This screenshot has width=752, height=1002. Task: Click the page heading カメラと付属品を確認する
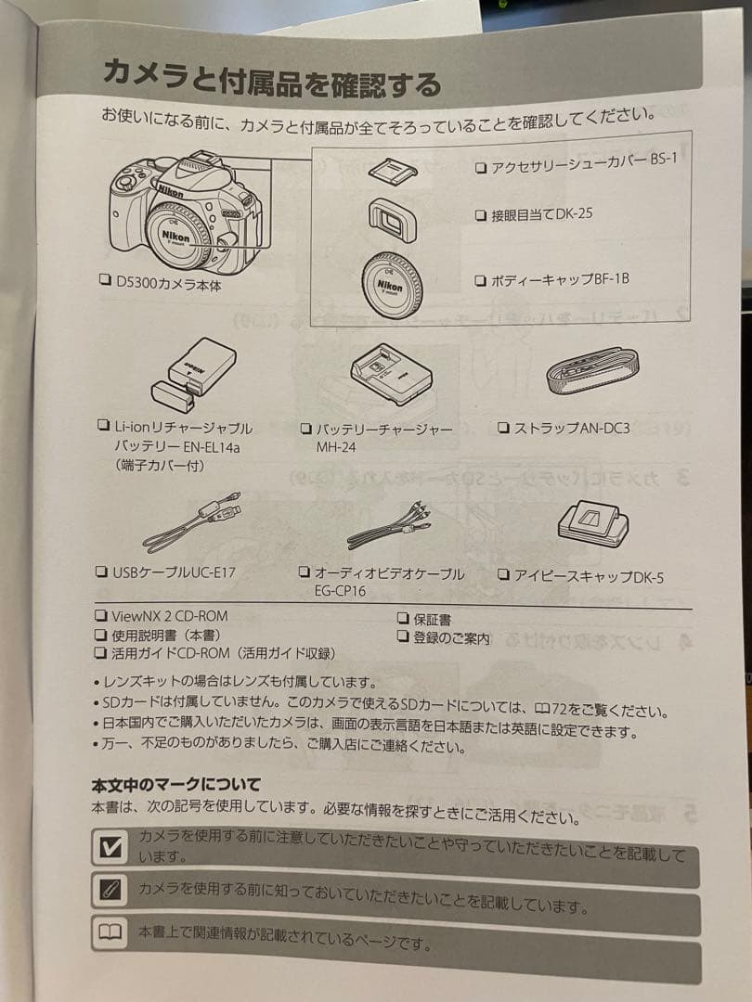pyautogui.click(x=271, y=79)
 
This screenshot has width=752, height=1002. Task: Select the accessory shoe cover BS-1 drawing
pyautogui.click(x=392, y=168)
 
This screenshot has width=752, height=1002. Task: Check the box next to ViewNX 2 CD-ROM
pyautogui.click(x=100, y=615)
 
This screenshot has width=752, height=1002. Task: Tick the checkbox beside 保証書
pyautogui.click(x=403, y=618)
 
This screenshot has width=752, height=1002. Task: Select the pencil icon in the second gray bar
pyautogui.click(x=110, y=890)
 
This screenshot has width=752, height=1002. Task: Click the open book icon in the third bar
pyautogui.click(x=109, y=931)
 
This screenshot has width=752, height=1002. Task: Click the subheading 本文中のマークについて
pyautogui.click(x=175, y=785)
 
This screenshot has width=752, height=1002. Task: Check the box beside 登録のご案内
pyautogui.click(x=403, y=636)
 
